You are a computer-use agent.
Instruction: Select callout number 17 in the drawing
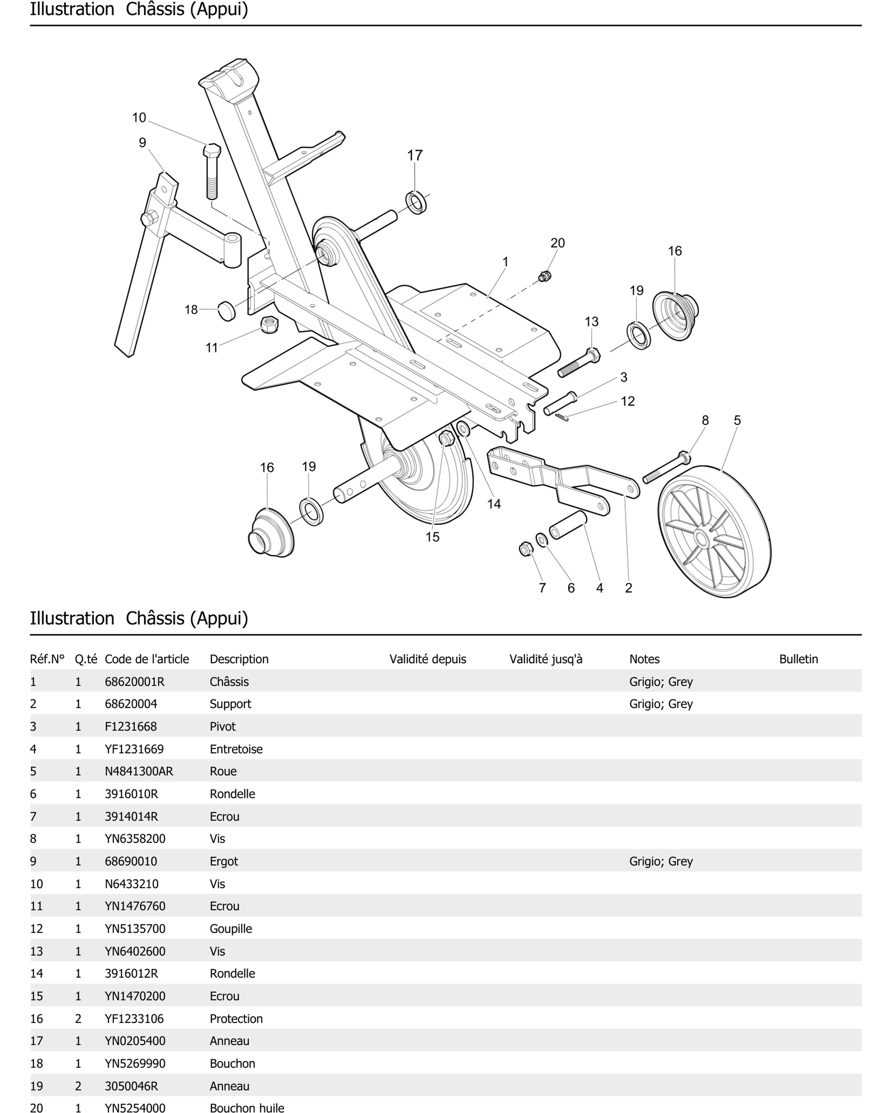click(415, 155)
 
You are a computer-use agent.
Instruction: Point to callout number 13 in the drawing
click(591, 322)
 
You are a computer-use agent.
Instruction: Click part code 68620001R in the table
click(134, 681)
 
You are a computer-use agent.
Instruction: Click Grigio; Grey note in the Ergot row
click(661, 861)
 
